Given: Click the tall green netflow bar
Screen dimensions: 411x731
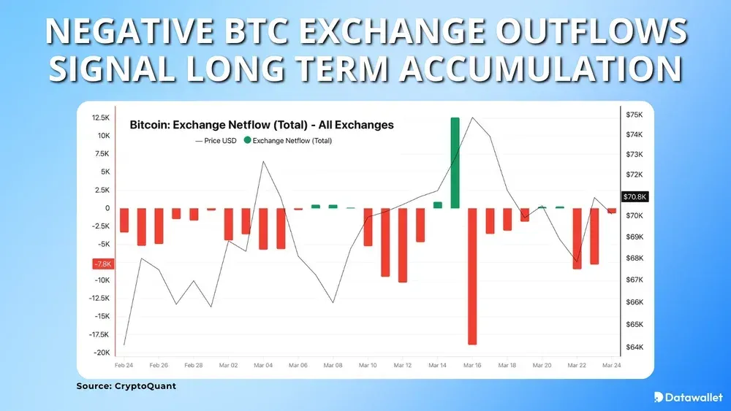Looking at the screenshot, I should coord(455,162).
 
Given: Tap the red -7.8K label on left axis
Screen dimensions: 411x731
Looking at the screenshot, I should coord(102,264).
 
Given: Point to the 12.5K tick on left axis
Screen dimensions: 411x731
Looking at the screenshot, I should coord(100,118).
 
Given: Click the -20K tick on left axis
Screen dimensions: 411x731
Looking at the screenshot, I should coord(102,353).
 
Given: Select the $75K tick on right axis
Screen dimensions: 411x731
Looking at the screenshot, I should coord(633,115).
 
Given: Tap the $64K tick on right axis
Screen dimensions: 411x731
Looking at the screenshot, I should coord(633,347).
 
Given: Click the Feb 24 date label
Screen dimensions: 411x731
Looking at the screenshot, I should coord(124,365).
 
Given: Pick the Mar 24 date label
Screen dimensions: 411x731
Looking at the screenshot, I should coord(611,365).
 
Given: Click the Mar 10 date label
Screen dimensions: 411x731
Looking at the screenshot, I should coord(368,365).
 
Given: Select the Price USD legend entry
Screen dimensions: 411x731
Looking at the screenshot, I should coord(216,140).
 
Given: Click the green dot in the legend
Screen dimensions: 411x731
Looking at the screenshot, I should coord(247,140).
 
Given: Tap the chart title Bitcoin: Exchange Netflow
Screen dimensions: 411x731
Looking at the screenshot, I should coord(261,125).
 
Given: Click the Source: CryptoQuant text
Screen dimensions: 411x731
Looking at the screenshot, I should coord(126,386).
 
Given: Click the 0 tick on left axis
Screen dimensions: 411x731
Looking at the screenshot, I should coord(107,208).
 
